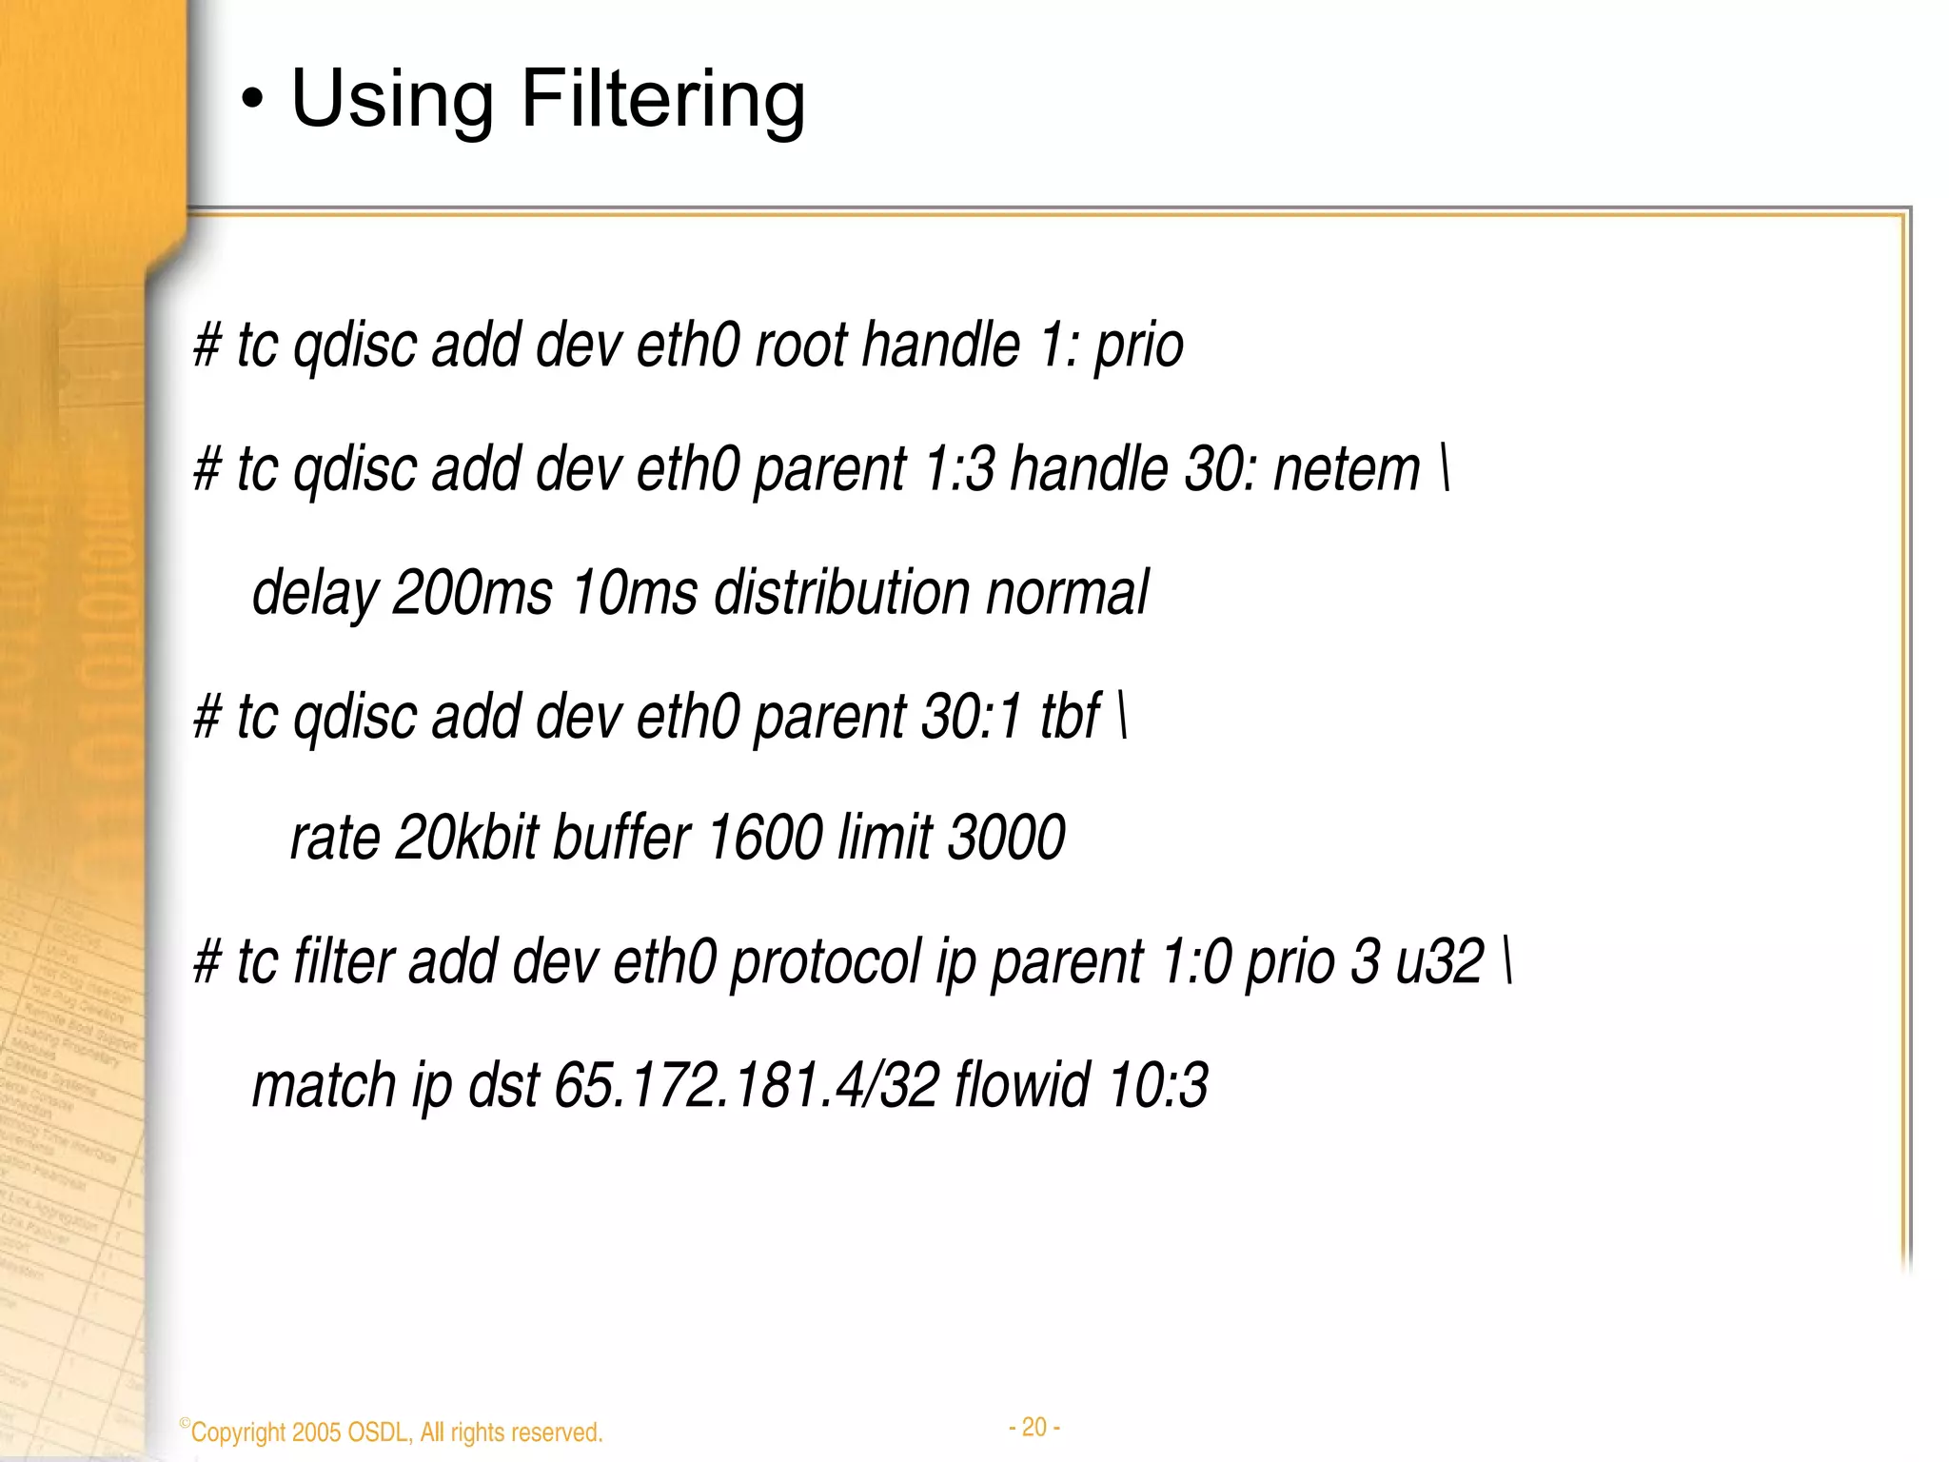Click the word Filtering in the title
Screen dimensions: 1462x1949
(x=663, y=99)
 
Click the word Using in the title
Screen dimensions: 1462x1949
(x=392, y=99)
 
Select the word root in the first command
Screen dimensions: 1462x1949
(x=799, y=345)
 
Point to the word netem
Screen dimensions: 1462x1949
(x=1346, y=469)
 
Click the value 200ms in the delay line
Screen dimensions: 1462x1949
(x=472, y=592)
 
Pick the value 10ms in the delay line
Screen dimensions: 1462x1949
(x=635, y=592)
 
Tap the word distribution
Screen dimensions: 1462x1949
(x=840, y=592)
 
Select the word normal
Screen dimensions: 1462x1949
(x=1067, y=592)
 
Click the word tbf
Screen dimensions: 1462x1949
(x=1071, y=716)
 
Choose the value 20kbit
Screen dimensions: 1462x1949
(x=466, y=839)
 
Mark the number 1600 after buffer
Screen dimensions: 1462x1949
(x=764, y=839)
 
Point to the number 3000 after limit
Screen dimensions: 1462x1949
(x=1007, y=839)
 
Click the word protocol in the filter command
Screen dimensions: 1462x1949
(x=826, y=961)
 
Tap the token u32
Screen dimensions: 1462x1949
(x=1440, y=961)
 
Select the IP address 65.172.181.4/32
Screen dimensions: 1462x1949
(x=747, y=1085)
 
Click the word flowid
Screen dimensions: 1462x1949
(x=1022, y=1085)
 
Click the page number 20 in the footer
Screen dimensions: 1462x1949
(x=1034, y=1427)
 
